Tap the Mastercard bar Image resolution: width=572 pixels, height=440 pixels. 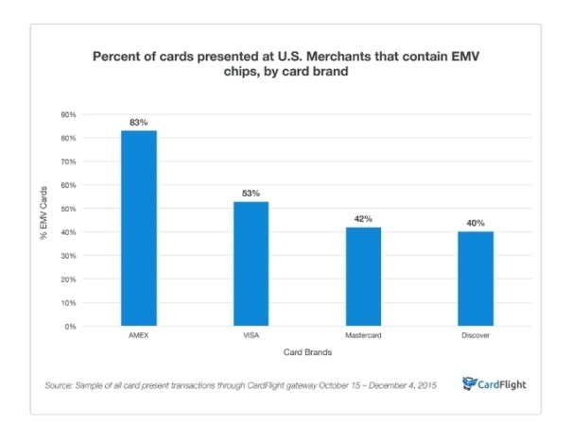click(362, 277)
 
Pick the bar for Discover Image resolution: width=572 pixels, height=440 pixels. click(475, 279)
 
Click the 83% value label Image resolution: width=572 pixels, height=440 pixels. click(138, 123)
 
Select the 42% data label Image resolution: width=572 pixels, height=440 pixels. click(362, 219)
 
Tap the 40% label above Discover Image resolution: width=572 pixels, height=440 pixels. click(475, 224)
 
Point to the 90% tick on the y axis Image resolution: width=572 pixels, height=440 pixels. click(68, 114)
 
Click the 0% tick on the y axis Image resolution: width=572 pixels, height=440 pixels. click(70, 327)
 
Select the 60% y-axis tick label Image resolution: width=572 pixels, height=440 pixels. click(68, 185)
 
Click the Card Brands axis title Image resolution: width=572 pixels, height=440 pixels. click(306, 352)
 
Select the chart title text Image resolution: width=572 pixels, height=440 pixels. click(286, 63)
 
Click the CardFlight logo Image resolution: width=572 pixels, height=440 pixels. click(494, 383)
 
